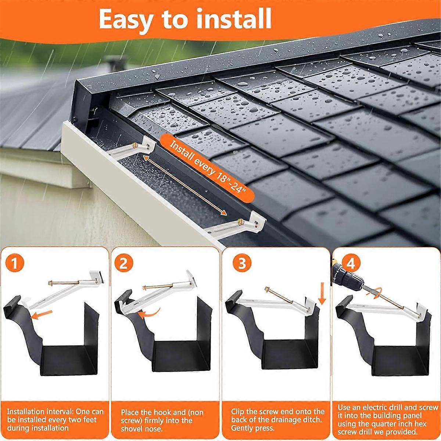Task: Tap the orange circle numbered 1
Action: click(x=14, y=263)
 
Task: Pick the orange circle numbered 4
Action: click(x=351, y=263)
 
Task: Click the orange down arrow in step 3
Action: click(x=322, y=294)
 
